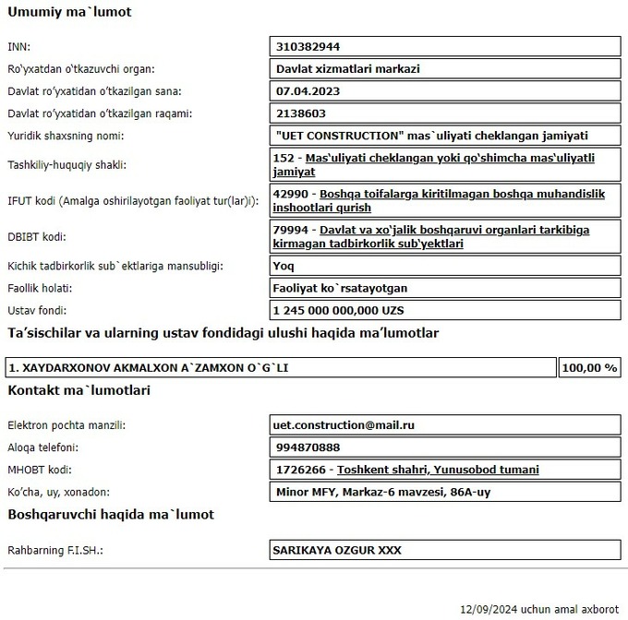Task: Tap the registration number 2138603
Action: click(x=302, y=113)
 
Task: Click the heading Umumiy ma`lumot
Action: click(x=69, y=13)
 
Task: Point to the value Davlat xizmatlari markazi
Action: click(x=348, y=68)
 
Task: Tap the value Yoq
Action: click(x=284, y=266)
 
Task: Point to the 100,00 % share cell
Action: click(x=588, y=367)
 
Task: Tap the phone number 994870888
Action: click(x=308, y=447)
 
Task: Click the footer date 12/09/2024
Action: click(x=489, y=609)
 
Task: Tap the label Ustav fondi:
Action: click(x=37, y=311)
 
